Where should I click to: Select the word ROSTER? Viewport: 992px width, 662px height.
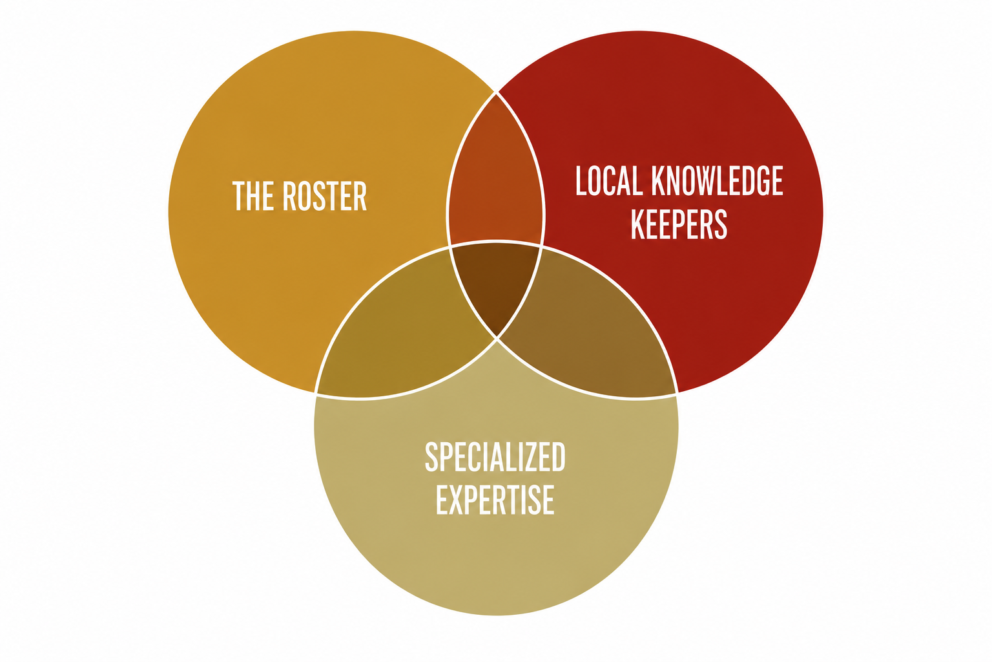(x=325, y=195)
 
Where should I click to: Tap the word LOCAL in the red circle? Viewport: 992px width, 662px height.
(x=609, y=180)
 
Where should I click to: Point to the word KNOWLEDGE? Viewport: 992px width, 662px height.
(x=718, y=180)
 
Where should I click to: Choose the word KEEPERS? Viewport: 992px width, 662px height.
(x=679, y=224)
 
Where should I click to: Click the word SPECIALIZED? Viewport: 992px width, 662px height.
(x=495, y=456)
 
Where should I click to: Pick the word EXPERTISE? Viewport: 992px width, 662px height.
(x=495, y=499)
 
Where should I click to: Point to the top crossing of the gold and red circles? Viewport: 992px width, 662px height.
(x=496, y=92)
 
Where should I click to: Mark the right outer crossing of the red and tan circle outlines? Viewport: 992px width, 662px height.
(x=676, y=393)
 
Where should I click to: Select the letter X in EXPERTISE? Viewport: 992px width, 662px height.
(x=459, y=499)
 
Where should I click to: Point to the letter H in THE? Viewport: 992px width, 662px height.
(x=254, y=195)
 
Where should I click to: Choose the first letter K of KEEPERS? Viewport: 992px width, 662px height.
(x=638, y=224)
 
